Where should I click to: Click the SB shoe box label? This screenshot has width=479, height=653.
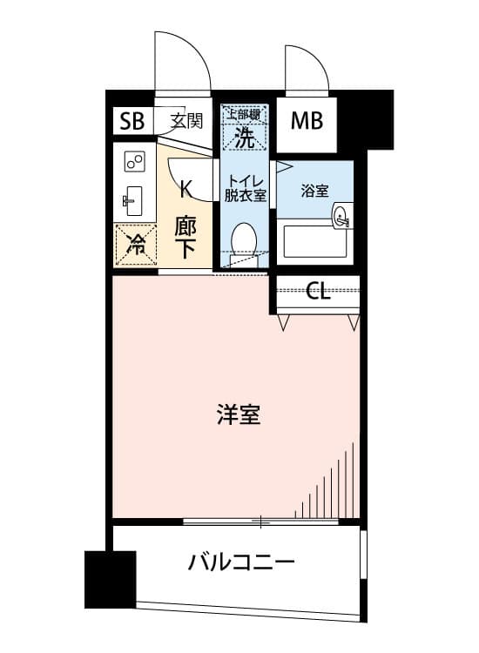click(132, 121)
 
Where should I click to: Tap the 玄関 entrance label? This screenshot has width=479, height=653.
click(186, 121)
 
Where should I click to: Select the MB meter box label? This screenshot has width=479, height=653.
click(307, 121)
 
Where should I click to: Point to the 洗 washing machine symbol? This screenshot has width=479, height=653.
click(245, 137)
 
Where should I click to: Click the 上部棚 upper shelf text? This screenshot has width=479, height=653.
click(245, 114)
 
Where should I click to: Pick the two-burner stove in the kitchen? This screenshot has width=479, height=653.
click(134, 162)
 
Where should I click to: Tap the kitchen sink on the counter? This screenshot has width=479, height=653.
click(133, 200)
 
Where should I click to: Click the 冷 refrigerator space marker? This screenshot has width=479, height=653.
click(136, 244)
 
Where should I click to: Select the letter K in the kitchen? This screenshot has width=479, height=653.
click(186, 189)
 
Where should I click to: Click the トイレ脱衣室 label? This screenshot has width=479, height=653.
click(245, 188)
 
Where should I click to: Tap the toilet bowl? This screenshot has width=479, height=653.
click(245, 240)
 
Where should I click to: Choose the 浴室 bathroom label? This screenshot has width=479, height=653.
click(315, 191)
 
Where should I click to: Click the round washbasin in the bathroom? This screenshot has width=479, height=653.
click(342, 217)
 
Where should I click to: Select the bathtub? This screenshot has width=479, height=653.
click(315, 241)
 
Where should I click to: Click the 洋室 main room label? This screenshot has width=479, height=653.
click(239, 414)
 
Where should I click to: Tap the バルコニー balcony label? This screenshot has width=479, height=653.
click(241, 562)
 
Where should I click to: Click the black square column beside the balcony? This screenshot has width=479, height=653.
click(111, 580)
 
